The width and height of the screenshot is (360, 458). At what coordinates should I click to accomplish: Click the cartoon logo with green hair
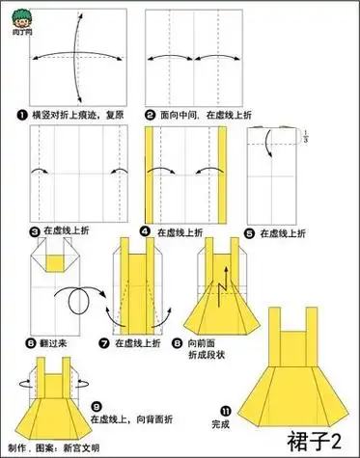click(16, 13)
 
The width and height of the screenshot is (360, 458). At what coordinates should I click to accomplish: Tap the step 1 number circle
click(35, 115)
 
